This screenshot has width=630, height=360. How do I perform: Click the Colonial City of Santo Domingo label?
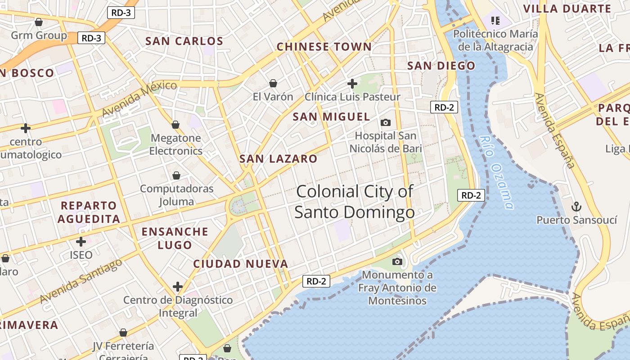click(355, 202)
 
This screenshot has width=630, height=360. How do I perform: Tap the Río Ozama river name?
click(496, 173)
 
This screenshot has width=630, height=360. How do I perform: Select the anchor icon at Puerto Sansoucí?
click(576, 207)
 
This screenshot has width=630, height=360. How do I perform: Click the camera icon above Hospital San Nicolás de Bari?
click(386, 122)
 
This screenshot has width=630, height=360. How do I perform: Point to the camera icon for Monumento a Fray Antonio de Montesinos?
click(397, 261)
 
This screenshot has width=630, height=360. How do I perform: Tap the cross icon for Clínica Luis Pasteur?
click(352, 83)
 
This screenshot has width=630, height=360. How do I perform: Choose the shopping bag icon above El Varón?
click(273, 83)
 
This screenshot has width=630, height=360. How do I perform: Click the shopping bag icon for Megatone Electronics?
click(175, 125)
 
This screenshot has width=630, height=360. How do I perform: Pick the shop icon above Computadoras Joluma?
click(176, 175)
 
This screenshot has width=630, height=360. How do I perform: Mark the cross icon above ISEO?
click(81, 242)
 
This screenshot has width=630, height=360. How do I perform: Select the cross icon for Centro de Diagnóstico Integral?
click(178, 287)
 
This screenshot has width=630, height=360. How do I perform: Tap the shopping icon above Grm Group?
click(39, 22)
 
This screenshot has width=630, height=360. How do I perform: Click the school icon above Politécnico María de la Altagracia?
click(495, 20)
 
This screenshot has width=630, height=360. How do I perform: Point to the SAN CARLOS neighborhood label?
click(184, 41)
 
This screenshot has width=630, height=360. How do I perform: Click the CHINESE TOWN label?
click(324, 47)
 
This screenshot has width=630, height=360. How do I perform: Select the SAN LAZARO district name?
click(278, 159)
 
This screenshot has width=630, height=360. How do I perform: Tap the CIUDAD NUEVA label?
click(240, 264)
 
